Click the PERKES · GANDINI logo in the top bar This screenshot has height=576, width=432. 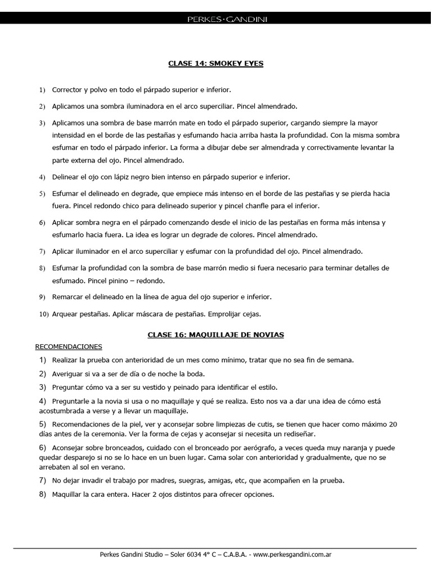[x=216, y=20]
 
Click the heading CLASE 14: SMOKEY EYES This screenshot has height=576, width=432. [x=216, y=64]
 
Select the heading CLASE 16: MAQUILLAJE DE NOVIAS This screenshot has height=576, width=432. [x=216, y=335]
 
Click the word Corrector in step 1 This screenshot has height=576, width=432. [x=66, y=90]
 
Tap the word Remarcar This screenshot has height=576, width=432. [x=68, y=296]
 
